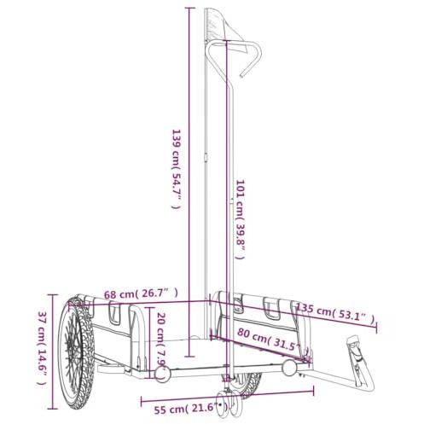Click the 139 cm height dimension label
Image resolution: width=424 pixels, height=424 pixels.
tap(176, 169)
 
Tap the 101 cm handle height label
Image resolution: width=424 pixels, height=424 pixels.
tap(241, 219)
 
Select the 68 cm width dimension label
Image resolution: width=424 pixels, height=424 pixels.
tap(141, 293)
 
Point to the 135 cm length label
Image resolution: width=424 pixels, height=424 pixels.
tap(335, 314)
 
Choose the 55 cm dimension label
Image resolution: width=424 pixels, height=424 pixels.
tap(191, 409)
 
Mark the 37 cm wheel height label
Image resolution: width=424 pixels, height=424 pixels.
tap(42, 347)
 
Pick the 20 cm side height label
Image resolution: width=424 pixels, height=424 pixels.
tap(161, 340)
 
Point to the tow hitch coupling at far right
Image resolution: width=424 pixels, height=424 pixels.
tap(360, 361)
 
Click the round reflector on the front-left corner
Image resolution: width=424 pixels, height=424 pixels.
tap(162, 374)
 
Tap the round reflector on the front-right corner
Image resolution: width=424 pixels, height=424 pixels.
tap(289, 367)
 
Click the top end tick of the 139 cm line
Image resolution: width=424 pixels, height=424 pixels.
tap(190, 9)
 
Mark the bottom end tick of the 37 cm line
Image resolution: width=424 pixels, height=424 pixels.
tap(53, 409)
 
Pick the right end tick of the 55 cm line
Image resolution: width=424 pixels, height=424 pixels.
tap(313, 391)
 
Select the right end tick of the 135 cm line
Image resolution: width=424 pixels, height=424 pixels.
tap(376, 328)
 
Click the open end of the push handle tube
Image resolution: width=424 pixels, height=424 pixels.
tap(241, 76)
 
